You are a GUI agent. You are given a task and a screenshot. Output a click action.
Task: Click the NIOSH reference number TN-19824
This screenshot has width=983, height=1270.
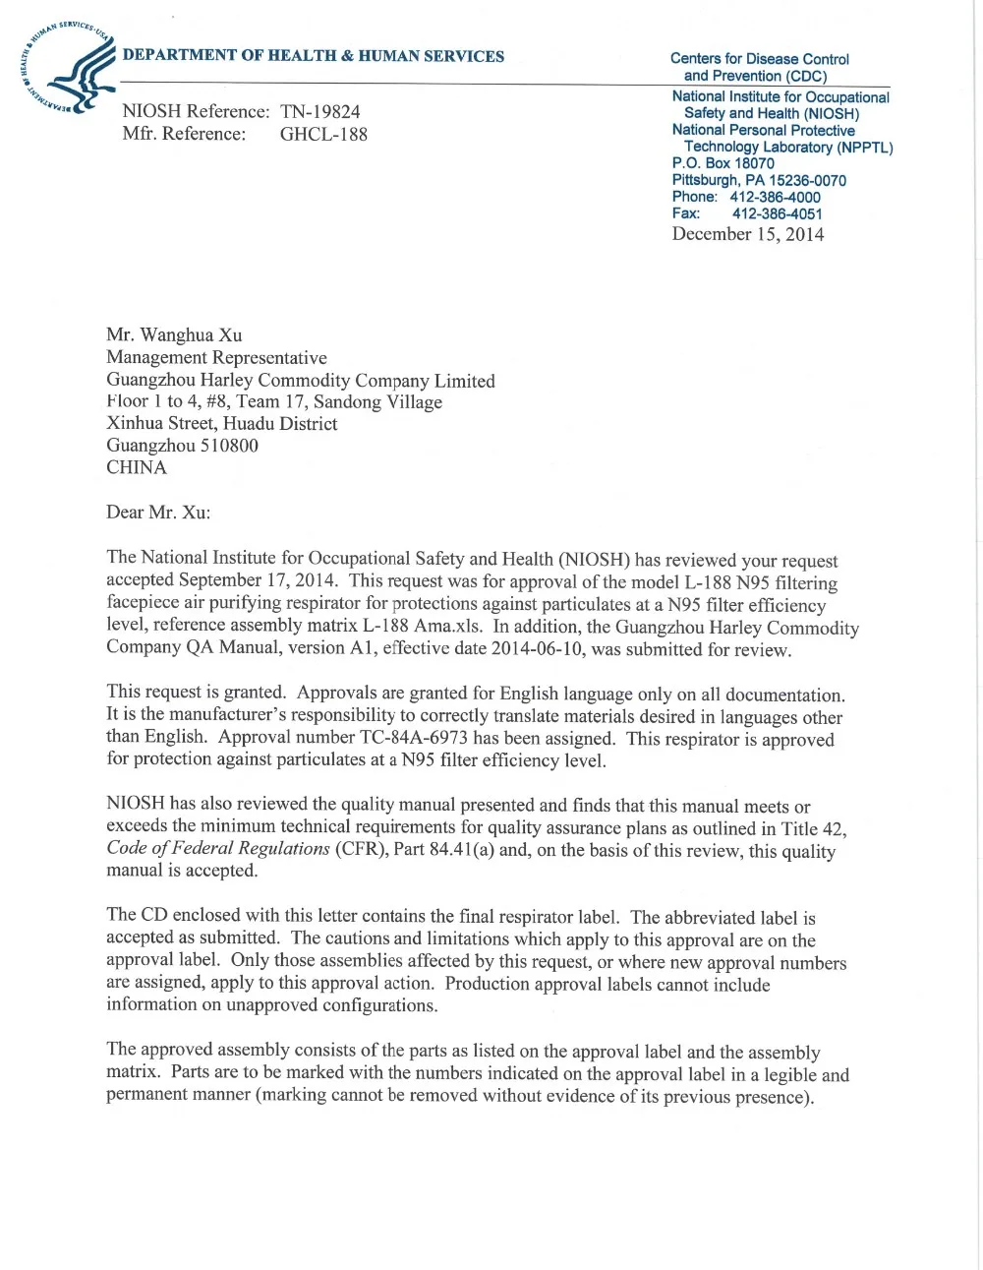tap(320, 112)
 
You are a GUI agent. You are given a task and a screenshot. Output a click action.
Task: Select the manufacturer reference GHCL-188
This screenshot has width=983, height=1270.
tap(323, 135)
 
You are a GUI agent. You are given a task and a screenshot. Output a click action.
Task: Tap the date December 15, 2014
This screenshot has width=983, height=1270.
tap(748, 234)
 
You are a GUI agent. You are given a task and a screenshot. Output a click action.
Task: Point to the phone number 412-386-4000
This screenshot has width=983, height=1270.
tap(775, 197)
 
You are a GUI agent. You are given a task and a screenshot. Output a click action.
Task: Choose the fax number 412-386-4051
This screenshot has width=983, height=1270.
tap(778, 213)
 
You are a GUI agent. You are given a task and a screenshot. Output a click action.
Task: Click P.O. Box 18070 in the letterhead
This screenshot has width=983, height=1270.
tap(723, 163)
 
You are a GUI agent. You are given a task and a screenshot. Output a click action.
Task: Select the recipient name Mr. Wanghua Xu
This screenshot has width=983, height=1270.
tap(174, 335)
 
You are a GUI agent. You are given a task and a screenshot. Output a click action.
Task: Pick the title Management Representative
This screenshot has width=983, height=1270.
tap(216, 358)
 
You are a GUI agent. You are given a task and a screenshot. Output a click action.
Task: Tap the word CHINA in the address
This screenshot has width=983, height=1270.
tap(137, 468)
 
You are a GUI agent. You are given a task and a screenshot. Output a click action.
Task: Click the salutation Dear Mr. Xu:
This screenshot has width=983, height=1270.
tap(158, 514)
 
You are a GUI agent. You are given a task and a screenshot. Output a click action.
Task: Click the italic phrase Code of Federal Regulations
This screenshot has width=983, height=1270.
tap(217, 849)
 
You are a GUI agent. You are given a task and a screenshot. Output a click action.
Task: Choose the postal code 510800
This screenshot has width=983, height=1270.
tap(229, 446)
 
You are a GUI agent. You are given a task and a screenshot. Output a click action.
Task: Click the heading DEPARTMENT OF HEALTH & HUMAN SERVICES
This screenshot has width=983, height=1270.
tap(314, 56)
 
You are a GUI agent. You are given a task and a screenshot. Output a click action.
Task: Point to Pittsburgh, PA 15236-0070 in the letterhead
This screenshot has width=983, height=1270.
tap(759, 180)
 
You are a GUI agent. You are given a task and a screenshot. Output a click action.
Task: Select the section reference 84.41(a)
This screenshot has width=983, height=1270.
tap(462, 849)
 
